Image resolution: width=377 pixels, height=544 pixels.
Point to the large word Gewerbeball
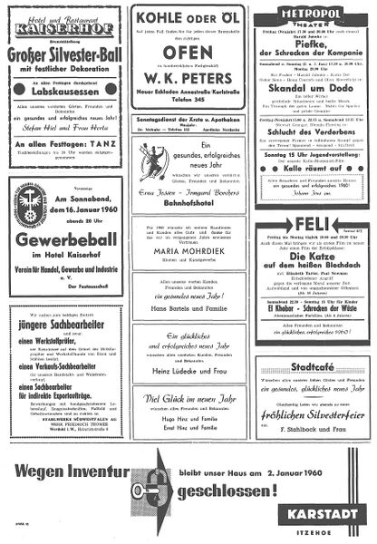(62, 248)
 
